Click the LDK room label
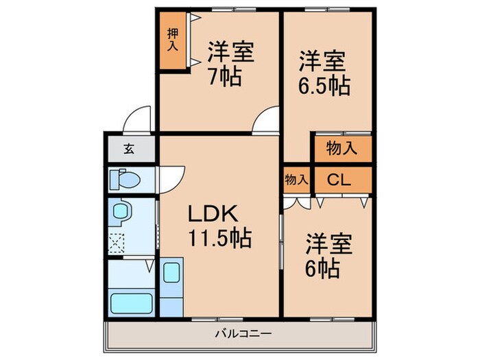point(213,215)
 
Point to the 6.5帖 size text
point(324,86)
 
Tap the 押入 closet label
point(173,40)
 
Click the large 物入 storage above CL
point(341,148)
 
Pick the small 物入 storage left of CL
point(296,180)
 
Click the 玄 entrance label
point(129,148)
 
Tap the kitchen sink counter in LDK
point(171,288)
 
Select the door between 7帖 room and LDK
point(266,121)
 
